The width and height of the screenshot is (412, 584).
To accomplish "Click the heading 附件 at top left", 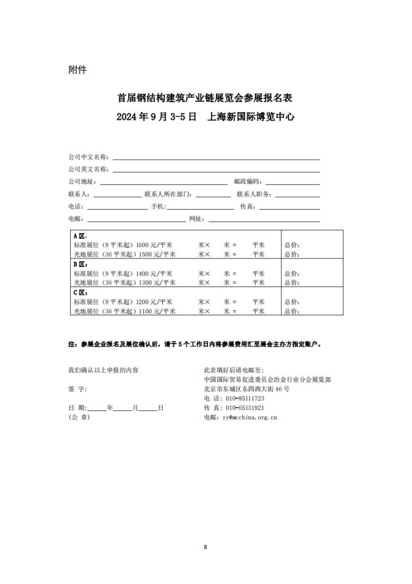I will coord(77,70).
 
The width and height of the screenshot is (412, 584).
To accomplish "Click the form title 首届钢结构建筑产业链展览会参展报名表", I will coord(205,98).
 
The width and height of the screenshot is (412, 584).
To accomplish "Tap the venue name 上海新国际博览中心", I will coord(251,117).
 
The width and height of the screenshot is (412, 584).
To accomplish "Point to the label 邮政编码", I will coord(248,182).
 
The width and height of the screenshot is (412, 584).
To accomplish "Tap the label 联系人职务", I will coord(254,194).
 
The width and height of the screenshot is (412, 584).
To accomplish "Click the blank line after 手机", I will coord(200,208).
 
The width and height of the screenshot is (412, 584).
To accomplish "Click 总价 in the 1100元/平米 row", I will coord(292,312).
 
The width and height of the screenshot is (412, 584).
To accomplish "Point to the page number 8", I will coord(205,546).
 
